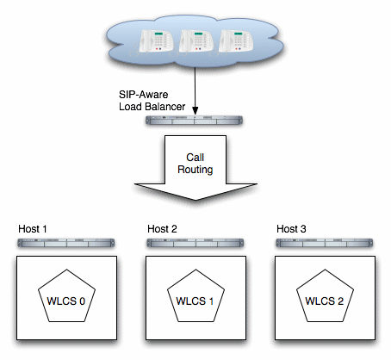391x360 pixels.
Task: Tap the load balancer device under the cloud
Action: pyautogui.click(x=195, y=122)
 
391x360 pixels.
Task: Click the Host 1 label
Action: pyautogui.click(x=33, y=229)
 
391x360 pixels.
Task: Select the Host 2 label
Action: pyautogui.click(x=162, y=229)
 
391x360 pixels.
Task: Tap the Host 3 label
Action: pyautogui.click(x=290, y=229)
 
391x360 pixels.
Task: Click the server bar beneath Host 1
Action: pyautogui.click(x=65, y=244)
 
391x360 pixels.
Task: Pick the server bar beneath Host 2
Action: pyautogui.click(x=195, y=244)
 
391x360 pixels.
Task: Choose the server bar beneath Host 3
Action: pyautogui.click(x=324, y=244)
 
